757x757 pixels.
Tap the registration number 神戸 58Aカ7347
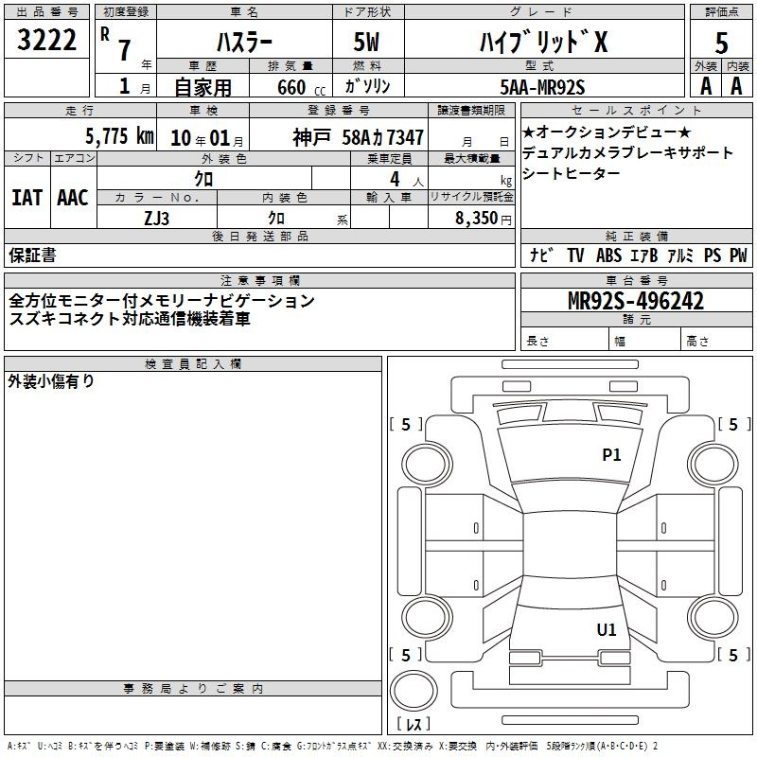tap(351, 136)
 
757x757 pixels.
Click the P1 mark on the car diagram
tap(611, 455)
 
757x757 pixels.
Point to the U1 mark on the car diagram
tap(606, 629)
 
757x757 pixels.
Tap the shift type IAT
tap(27, 197)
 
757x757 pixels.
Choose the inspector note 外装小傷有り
tap(51, 381)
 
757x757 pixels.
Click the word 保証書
tap(32, 255)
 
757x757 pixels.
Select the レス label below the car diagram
tap(414, 725)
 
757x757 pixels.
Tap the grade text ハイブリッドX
tap(542, 42)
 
